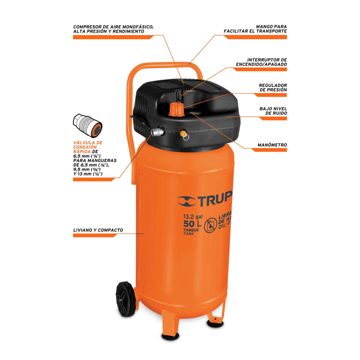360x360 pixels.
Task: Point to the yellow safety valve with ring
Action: tap(184, 135)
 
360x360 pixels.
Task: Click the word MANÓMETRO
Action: tap(272, 145)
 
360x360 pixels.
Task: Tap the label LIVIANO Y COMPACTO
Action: tap(98, 230)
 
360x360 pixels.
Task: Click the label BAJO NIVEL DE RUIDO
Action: tap(273, 111)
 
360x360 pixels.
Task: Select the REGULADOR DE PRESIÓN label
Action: tap(273, 87)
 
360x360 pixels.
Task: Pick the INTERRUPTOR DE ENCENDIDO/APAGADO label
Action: tap(261, 62)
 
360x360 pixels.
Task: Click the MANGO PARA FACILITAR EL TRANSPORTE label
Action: tap(255, 29)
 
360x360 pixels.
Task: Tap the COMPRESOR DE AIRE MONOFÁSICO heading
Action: tap(113, 27)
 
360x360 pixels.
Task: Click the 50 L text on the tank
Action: tap(193, 224)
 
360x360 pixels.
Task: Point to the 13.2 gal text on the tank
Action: tap(193, 216)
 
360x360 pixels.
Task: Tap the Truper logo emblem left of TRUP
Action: tap(186, 201)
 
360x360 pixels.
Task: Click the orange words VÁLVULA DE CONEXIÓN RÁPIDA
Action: tap(88, 147)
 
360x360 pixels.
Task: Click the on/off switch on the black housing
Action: tap(180, 95)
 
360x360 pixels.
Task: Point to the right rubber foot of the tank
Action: tap(215, 324)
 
